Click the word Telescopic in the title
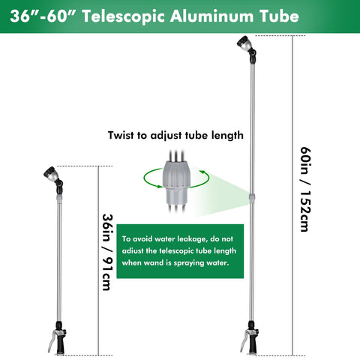point(124,16)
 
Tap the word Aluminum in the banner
point(212,16)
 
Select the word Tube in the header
point(279,16)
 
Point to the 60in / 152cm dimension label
point(305,190)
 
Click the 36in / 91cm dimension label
point(107,252)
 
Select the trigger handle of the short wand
point(58,338)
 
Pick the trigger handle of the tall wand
point(250,338)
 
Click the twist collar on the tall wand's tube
point(252,196)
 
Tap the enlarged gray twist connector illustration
point(176,181)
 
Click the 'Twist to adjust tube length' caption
point(175,135)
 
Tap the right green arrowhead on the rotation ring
point(202,172)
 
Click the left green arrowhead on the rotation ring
point(159,186)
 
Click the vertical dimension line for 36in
point(98,260)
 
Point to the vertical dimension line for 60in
point(292,196)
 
